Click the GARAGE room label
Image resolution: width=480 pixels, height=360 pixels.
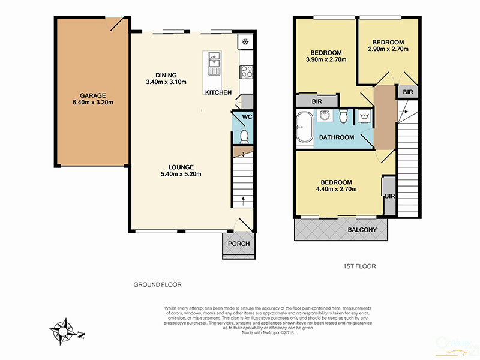tap(92, 95)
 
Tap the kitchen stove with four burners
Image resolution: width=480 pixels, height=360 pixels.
tap(246, 72)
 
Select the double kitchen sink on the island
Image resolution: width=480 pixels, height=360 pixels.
tap(213, 61)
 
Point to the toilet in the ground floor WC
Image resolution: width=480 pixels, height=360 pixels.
tap(244, 137)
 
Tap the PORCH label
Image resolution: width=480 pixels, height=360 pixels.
tap(239, 244)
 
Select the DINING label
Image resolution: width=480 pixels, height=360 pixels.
tap(166, 75)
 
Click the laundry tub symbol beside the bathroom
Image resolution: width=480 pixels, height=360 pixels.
tap(364, 116)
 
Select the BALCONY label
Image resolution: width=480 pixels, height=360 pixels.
tap(362, 230)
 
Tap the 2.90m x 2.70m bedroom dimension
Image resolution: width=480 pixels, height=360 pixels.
tap(388, 49)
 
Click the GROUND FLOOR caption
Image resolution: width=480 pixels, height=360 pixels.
tap(157, 285)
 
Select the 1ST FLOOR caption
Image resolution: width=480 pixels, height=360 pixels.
tap(359, 265)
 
